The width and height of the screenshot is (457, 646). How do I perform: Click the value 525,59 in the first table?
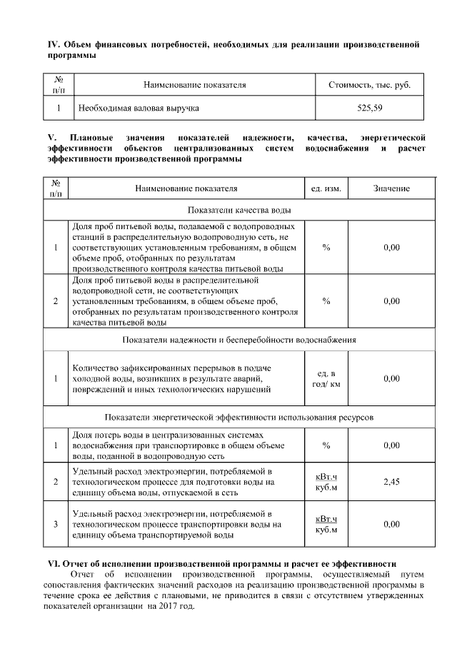click(370, 108)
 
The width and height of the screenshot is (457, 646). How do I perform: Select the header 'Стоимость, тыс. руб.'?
click(370, 85)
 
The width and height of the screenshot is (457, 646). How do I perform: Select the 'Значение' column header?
click(391, 188)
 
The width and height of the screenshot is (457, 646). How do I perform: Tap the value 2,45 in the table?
click(391, 483)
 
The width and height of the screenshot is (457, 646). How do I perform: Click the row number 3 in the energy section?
click(56, 524)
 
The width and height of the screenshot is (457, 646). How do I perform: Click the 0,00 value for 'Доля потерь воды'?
click(391, 445)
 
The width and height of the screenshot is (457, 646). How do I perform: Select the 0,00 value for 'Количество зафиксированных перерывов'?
click(391, 378)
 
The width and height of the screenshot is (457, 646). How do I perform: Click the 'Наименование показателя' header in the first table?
click(194, 85)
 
